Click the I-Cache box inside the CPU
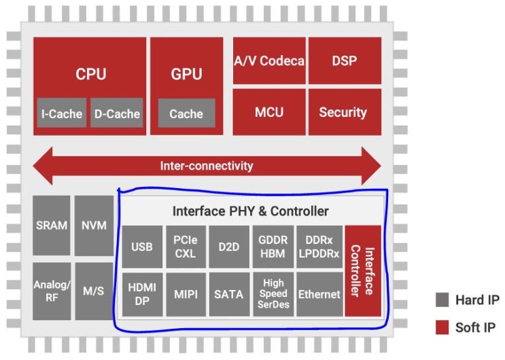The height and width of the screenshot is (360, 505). tap(61, 113)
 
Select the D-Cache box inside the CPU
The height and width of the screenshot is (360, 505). tap(116, 113)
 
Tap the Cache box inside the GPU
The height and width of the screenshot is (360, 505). tap(186, 113)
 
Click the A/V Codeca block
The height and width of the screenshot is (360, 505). tap(269, 61)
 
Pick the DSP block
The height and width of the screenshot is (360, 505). tap(344, 61)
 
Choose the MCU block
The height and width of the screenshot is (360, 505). tap(269, 112)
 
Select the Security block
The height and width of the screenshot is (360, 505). tap(344, 112)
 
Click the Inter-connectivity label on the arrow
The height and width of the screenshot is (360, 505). tap(207, 166)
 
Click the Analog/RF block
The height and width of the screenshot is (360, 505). tap(51, 290)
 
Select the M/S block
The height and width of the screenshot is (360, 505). tap(94, 290)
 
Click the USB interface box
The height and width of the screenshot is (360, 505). tap(142, 247)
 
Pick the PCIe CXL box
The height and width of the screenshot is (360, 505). tap(186, 247)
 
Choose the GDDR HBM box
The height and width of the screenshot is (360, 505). tap(273, 247)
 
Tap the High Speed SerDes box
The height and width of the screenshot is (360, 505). tap(273, 294)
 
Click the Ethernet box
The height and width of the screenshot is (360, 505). tap(319, 294)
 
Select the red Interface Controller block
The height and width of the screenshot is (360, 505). tap(363, 271)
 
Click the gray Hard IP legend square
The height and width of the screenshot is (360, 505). tap(442, 300)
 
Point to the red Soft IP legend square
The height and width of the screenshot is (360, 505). tap(442, 328)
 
